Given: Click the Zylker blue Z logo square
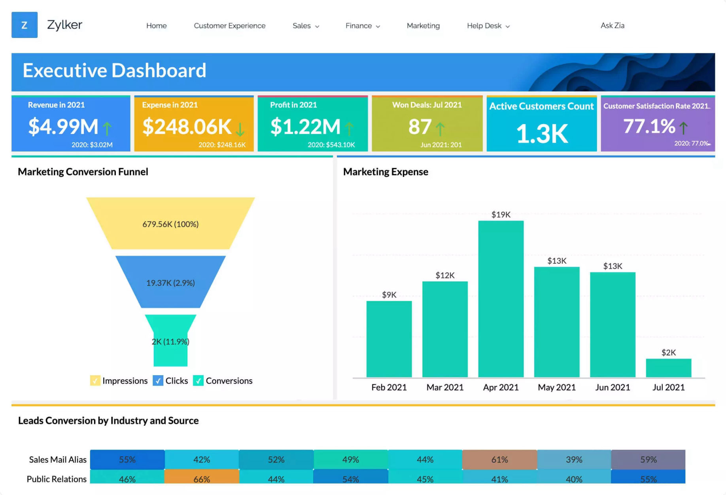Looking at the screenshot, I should tap(24, 25).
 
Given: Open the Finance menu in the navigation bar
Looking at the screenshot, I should tap(362, 26).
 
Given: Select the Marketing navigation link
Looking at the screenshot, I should tap(423, 26).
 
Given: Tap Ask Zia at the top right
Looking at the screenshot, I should tap(612, 25).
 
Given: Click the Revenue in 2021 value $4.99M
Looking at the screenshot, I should tap(63, 127).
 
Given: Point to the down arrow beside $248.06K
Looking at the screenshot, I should tap(240, 128).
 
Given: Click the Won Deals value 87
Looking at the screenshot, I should tap(420, 127).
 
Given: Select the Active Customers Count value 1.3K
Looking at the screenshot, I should tap(541, 134).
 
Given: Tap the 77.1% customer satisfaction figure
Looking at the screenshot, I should tap(649, 127).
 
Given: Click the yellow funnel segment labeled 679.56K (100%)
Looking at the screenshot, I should tap(170, 224).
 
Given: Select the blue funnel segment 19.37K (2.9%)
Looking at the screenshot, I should tap(170, 282).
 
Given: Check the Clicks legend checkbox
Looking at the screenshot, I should tap(158, 381).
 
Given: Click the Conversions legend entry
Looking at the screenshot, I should tap(229, 381).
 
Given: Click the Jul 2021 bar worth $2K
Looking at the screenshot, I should tap(668, 368).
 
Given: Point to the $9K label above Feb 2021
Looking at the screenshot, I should tap(389, 295).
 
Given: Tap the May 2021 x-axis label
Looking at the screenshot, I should tap(556, 387).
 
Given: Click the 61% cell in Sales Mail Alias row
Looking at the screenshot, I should tap(499, 459).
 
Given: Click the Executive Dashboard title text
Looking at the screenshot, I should tap(114, 71).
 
